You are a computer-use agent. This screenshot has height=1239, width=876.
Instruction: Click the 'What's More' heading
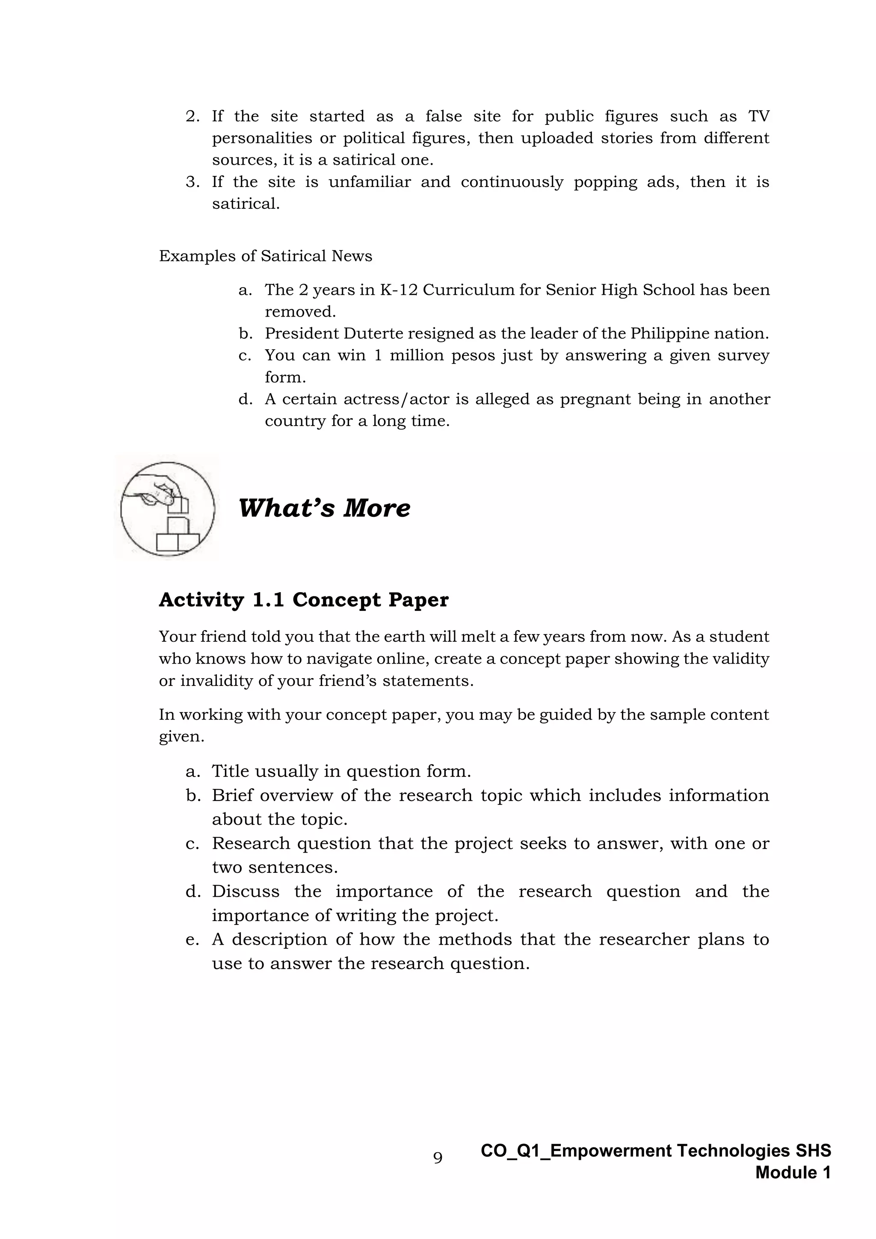tap(324, 508)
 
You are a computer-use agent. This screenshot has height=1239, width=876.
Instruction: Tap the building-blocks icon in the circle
tap(168, 509)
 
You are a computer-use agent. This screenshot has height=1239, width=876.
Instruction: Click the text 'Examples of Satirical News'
tap(265, 256)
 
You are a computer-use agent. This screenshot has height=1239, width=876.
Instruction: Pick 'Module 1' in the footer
tap(793, 1172)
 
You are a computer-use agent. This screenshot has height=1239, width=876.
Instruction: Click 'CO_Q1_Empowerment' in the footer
tap(576, 1150)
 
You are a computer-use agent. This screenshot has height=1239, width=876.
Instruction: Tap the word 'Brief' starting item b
tap(232, 795)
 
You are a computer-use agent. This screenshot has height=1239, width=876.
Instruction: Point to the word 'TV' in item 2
tap(758, 116)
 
